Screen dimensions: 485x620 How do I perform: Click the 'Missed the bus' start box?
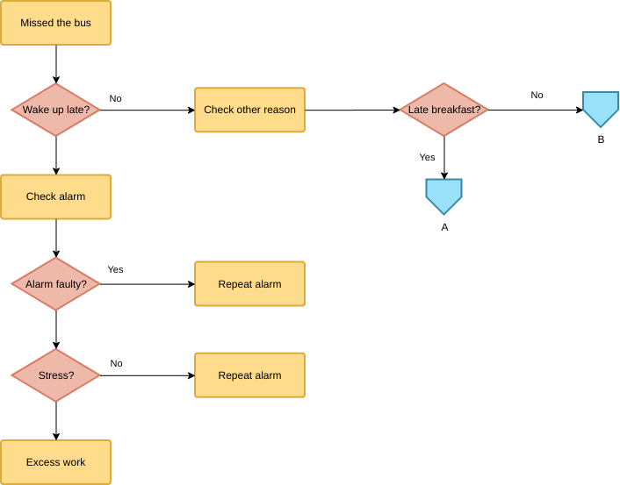pos(55,23)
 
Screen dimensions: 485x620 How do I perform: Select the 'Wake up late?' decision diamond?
pos(55,110)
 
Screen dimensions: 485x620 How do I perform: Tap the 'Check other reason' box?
pos(249,110)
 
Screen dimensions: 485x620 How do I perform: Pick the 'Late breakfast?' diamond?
pos(443,110)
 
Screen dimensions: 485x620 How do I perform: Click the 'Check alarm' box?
pos(55,196)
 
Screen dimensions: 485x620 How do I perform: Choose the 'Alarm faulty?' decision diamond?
pos(55,284)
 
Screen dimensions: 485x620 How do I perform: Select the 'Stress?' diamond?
pos(55,375)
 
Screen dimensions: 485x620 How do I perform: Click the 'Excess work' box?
pos(55,462)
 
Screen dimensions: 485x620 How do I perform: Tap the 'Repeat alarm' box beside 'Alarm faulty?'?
pos(249,284)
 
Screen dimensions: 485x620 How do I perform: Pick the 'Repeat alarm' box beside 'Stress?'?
pos(249,375)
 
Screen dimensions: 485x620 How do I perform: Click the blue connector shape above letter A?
pos(443,196)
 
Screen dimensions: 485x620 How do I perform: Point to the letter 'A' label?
pos(444,226)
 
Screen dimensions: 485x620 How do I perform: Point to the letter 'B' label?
pos(601,139)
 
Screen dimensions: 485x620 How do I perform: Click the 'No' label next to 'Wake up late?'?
pos(115,98)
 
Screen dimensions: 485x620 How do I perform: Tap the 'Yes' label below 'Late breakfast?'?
pos(427,157)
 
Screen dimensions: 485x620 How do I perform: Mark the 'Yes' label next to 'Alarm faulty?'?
pos(115,269)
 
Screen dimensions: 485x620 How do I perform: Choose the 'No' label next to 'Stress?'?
pos(116,363)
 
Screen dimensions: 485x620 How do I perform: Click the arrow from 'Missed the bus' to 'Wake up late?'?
pos(56,64)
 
